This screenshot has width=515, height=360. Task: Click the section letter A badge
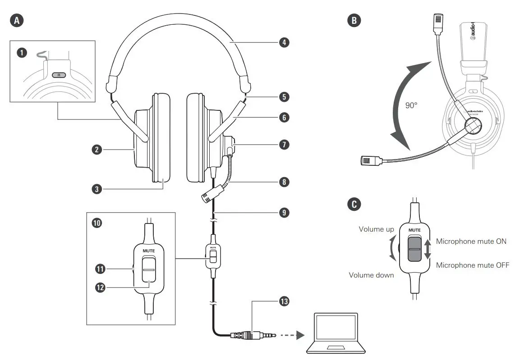click(17, 20)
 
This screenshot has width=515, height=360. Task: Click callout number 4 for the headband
click(284, 43)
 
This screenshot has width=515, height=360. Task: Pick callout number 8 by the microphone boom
click(284, 182)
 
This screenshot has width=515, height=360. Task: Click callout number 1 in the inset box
click(21, 53)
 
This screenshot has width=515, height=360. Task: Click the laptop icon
click(336, 333)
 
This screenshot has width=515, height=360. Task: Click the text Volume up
click(376, 229)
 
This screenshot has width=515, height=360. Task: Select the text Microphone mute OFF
click(472, 265)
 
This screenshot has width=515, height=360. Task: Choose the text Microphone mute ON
click(471, 242)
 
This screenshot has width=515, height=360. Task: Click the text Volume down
click(372, 275)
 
